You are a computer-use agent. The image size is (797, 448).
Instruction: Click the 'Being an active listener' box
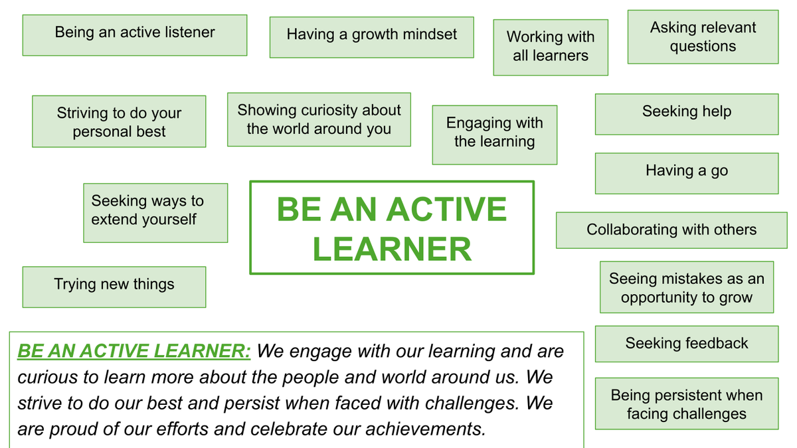tap(135, 35)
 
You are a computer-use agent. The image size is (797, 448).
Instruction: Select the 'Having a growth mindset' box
tap(372, 37)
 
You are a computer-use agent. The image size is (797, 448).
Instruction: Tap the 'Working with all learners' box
tap(551, 47)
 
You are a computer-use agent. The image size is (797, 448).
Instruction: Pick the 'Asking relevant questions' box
tap(703, 37)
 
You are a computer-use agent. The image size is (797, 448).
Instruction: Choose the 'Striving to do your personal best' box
tap(119, 121)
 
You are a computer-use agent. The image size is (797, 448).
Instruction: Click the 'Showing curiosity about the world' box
tap(319, 119)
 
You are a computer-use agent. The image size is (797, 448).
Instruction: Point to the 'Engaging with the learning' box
tap(495, 135)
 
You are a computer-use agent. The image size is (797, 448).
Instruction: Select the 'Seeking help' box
tap(687, 114)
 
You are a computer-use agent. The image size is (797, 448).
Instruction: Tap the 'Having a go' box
tap(687, 173)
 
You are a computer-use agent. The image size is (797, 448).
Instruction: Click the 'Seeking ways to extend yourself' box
tap(155, 213)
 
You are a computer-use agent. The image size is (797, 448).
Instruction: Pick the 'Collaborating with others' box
tap(671, 230)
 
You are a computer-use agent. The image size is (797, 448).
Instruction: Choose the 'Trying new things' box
tap(114, 287)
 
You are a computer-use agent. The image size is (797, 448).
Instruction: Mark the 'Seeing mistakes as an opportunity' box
tap(687, 287)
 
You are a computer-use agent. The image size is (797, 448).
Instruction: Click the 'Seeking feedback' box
tap(687, 344)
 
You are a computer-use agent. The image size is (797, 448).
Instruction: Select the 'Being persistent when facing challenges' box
tap(687, 404)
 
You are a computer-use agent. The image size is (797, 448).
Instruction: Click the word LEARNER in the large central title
tap(392, 249)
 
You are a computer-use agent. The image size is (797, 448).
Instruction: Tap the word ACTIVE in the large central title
tap(446, 209)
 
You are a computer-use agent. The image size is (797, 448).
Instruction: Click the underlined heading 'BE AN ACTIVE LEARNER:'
tap(134, 351)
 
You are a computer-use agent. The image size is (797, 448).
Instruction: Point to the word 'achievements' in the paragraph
tap(426, 429)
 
